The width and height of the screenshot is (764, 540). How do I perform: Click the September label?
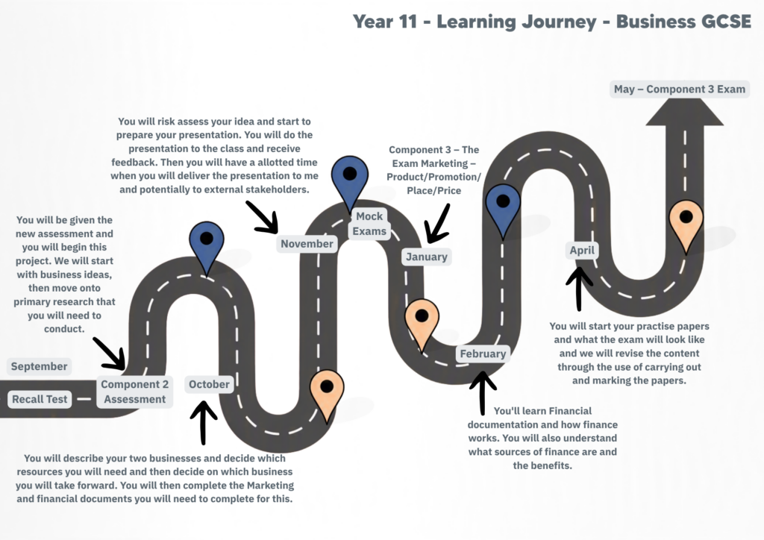[x=39, y=366]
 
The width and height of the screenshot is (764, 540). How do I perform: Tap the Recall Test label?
[x=40, y=399]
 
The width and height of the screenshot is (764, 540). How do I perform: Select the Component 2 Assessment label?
[x=134, y=392]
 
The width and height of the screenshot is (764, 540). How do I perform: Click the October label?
[x=209, y=384]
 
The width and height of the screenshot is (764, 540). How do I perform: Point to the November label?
[x=307, y=243]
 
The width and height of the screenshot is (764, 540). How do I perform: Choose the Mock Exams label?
[x=369, y=224]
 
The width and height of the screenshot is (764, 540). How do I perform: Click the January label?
[x=426, y=257]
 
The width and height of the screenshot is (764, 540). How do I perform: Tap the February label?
[x=483, y=354]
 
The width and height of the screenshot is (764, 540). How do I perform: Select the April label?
[x=582, y=251]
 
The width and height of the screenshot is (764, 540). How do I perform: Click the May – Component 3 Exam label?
[x=679, y=89]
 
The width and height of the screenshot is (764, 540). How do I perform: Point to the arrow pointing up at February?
[x=483, y=393]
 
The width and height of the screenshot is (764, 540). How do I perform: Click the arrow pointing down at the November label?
[x=262, y=217]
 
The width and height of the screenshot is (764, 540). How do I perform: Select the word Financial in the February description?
[x=568, y=410]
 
